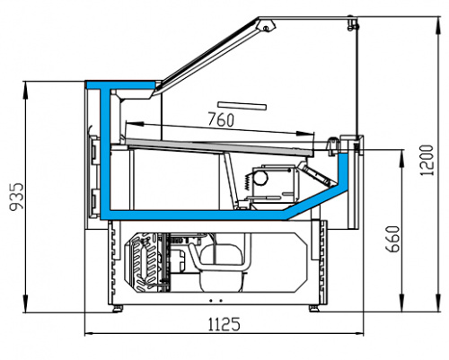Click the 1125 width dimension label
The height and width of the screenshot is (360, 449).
[224, 324]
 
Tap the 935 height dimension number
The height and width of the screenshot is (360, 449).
[17, 197]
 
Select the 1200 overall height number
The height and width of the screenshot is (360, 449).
[427, 161]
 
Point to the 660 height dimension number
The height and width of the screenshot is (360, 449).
[392, 239]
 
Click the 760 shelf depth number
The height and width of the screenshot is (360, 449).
[221, 119]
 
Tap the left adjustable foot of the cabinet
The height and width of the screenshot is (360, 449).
[118, 309]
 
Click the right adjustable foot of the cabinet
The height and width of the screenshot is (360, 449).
[313, 309]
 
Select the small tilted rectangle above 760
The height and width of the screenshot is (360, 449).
[242, 106]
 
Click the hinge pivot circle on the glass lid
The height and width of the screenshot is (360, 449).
[266, 29]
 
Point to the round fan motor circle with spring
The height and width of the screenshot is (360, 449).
[260, 178]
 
